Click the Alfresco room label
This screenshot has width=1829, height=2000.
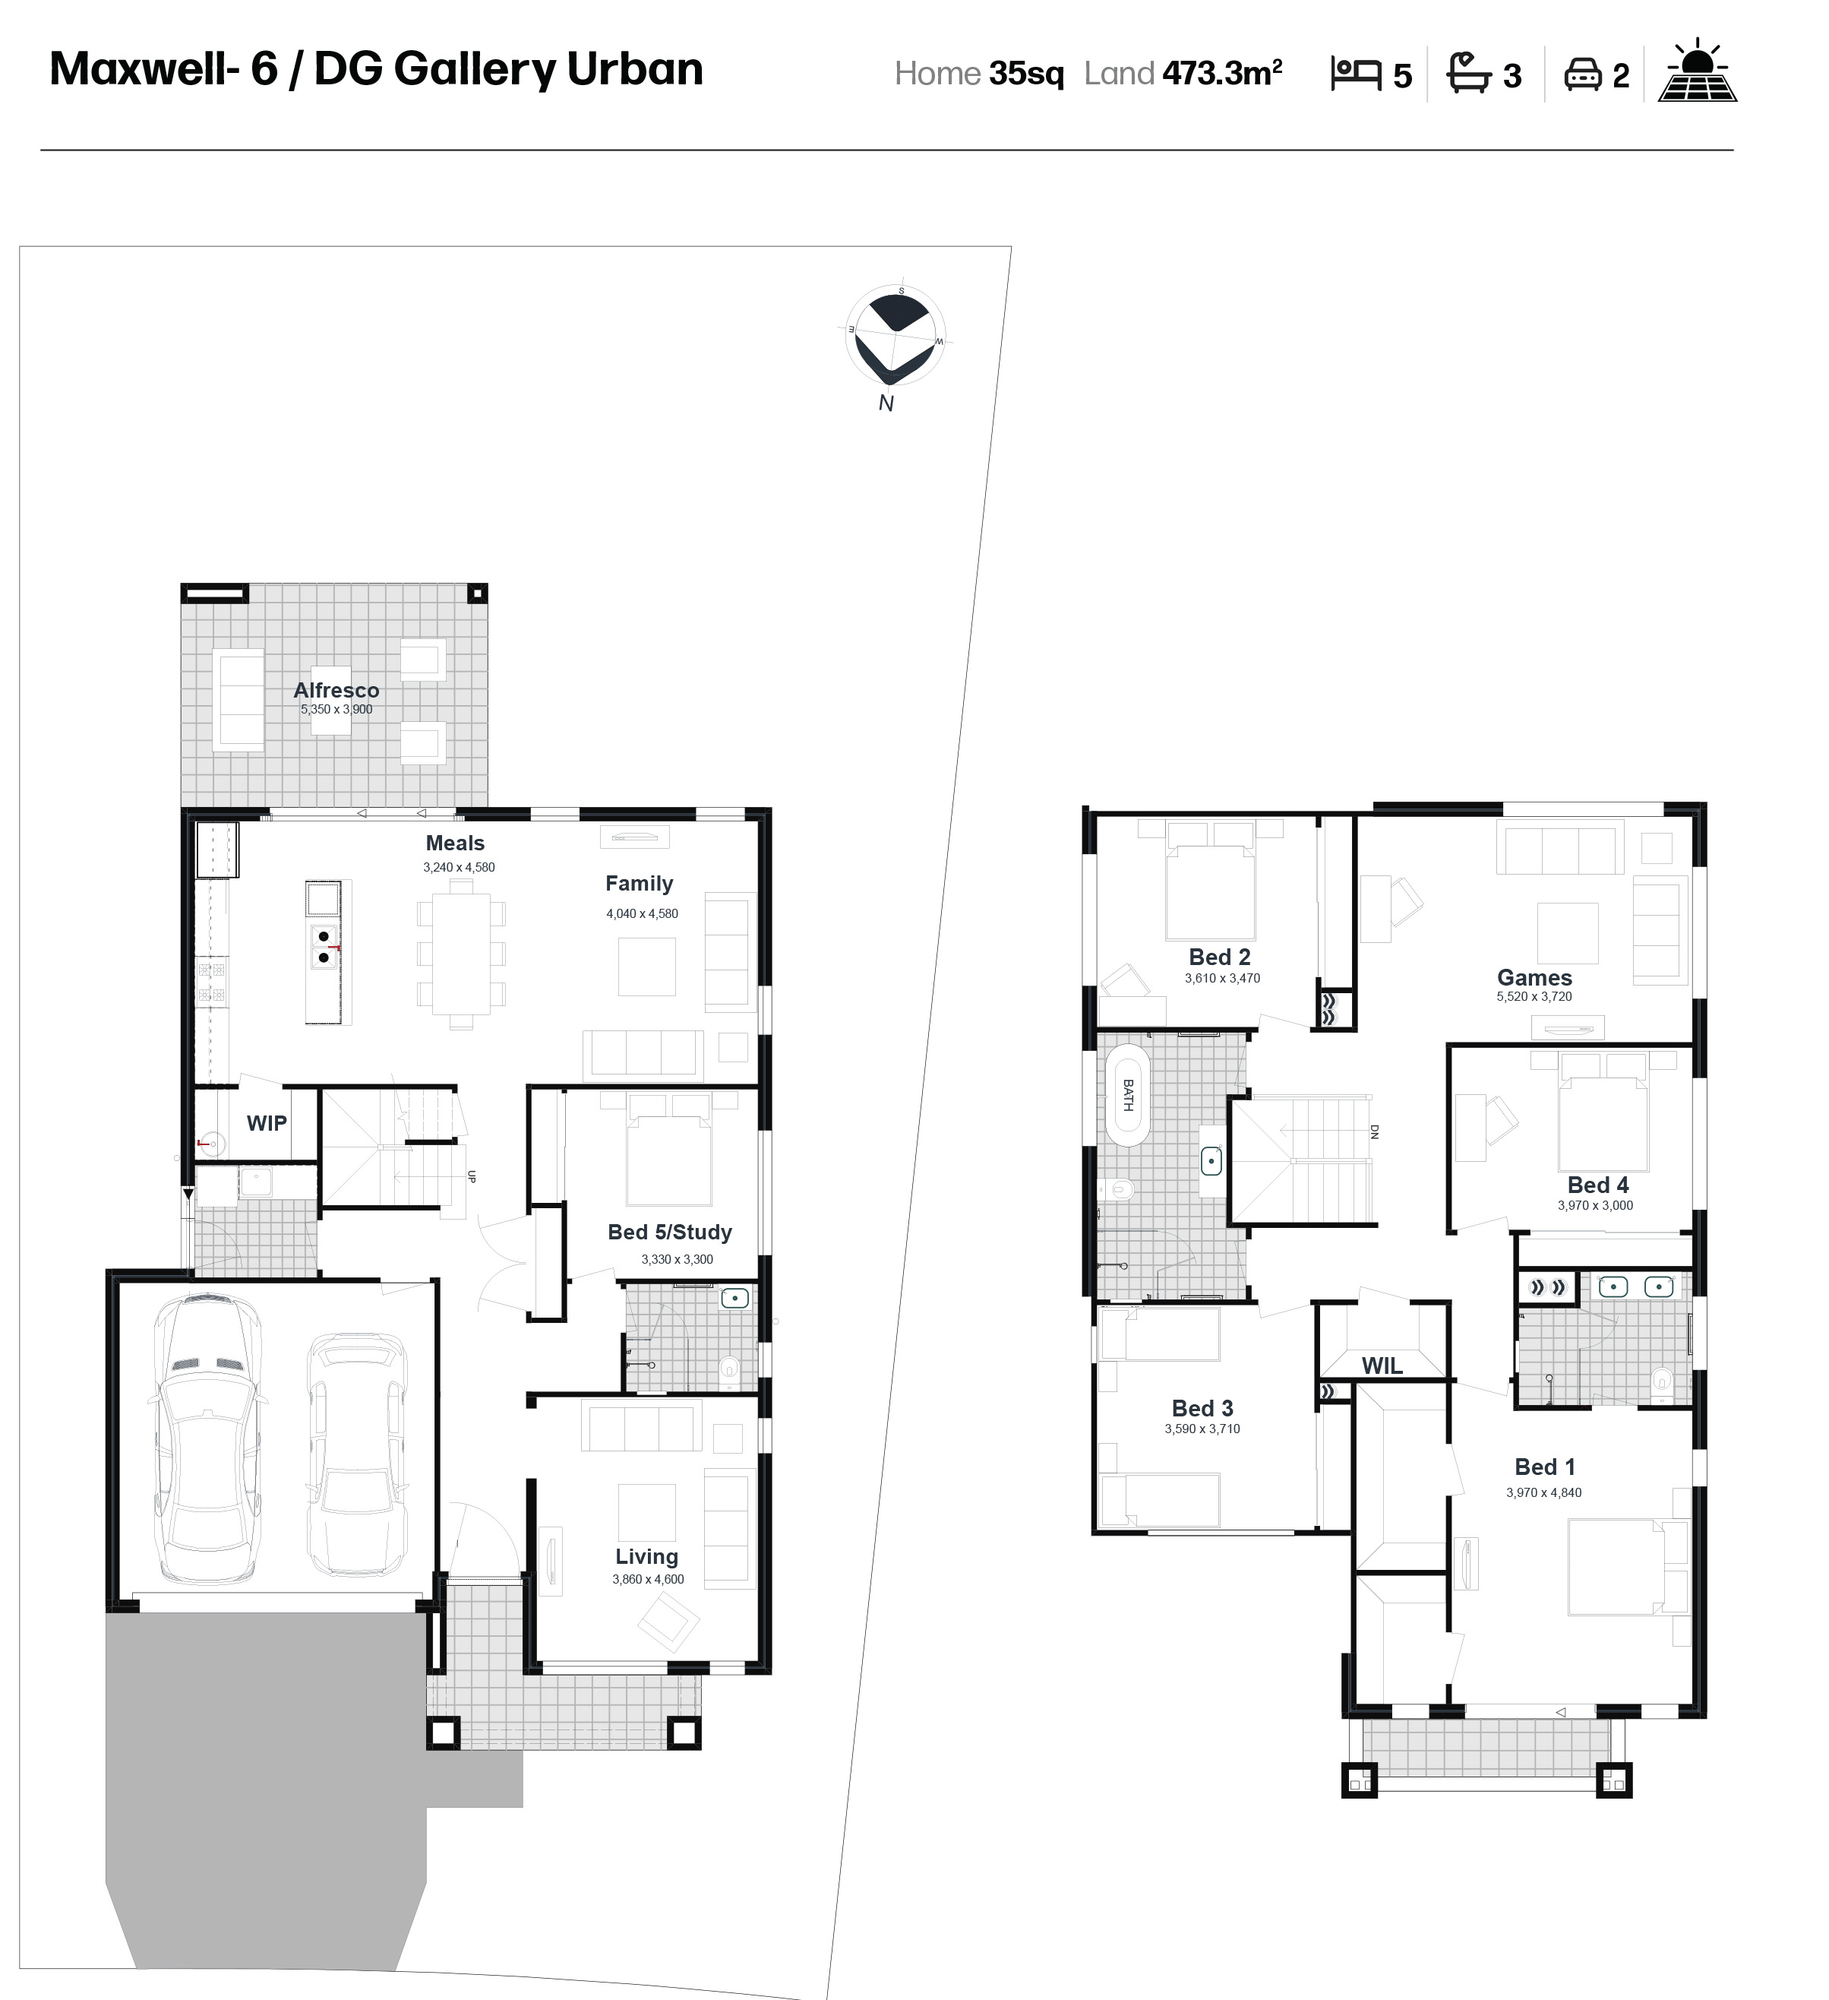click(x=336, y=691)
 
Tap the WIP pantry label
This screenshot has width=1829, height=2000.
click(x=267, y=1123)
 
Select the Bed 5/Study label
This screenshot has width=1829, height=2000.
click(x=669, y=1233)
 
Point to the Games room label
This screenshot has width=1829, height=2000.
click(x=1534, y=978)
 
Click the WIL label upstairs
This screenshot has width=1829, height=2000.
click(x=1382, y=1366)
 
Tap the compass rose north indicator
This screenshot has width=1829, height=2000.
click(x=886, y=403)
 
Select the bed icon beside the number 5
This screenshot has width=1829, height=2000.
click(x=1356, y=74)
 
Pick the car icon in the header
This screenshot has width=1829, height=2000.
click(x=1583, y=75)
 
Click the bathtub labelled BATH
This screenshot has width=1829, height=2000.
click(x=1126, y=1095)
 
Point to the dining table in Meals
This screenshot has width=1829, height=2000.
click(x=461, y=954)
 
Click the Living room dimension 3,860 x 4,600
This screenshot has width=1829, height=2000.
click(x=648, y=1579)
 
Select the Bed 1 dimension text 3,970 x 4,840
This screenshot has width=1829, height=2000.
click(x=1543, y=1492)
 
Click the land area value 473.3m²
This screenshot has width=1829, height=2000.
click(x=1222, y=74)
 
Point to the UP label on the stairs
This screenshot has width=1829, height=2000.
click(x=472, y=1176)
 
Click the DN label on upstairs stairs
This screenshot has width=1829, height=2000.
click(x=1375, y=1131)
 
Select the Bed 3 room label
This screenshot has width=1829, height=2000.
click(x=1202, y=1409)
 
